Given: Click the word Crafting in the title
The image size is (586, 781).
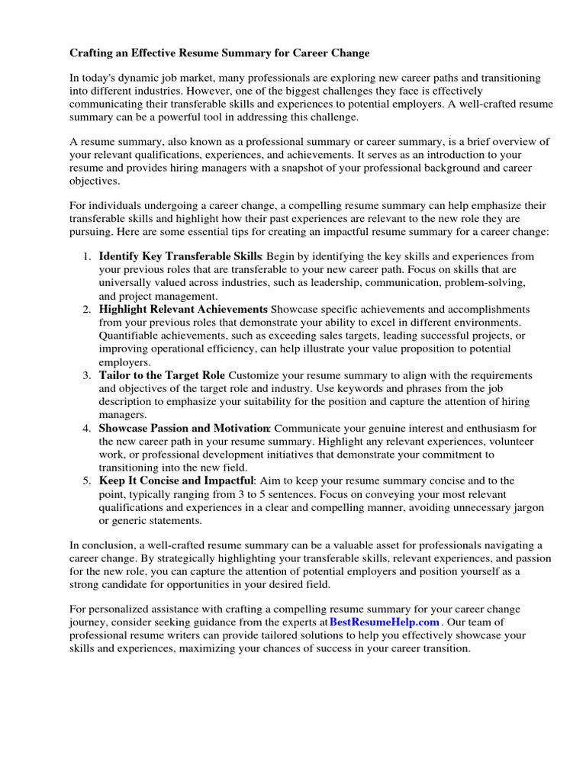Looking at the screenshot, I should (x=93, y=53).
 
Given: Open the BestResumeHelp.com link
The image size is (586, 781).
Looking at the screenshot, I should (x=385, y=622).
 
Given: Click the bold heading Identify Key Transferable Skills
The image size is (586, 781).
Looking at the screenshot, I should (x=180, y=256).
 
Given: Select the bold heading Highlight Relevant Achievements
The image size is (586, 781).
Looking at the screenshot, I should (x=183, y=309).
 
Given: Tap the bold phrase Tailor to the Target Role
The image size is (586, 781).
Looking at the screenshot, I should (x=162, y=375).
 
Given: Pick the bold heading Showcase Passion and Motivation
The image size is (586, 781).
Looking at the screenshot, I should (x=184, y=428).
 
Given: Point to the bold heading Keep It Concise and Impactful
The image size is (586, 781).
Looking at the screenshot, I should (x=175, y=480).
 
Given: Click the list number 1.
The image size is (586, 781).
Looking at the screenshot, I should (x=87, y=256).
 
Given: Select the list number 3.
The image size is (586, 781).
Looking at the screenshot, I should (x=87, y=375).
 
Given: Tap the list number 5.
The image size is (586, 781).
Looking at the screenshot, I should (x=87, y=480).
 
